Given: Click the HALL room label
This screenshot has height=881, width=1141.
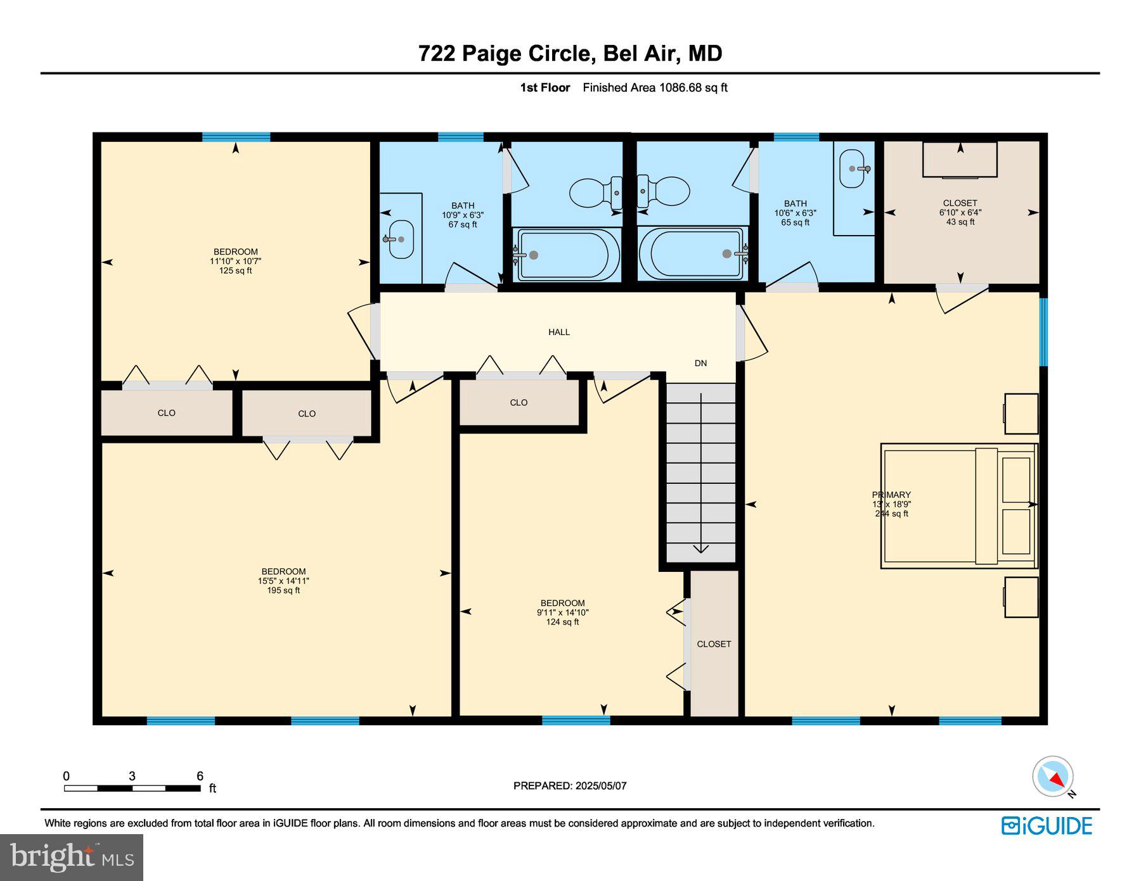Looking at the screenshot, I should (x=558, y=332).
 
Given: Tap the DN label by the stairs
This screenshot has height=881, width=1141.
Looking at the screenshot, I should (x=700, y=363).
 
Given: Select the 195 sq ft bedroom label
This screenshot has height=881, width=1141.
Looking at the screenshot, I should (x=283, y=580).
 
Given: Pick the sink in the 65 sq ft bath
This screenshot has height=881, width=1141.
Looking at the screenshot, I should (x=853, y=168).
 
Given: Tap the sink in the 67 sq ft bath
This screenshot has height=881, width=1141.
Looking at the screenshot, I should (x=401, y=239).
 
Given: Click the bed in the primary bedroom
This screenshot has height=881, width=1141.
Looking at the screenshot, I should (x=958, y=505).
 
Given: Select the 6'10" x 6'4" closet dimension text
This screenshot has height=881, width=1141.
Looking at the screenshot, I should (x=960, y=213).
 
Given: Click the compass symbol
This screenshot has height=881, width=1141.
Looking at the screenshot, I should (x=1053, y=776).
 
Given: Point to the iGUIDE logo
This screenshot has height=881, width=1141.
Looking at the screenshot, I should (x=1047, y=826).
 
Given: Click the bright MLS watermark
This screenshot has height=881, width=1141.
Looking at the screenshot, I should (x=72, y=857).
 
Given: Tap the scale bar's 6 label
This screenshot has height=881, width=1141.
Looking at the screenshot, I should (x=200, y=776).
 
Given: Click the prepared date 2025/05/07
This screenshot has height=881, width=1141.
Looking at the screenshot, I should (x=600, y=785).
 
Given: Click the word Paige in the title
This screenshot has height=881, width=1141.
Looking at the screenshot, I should (x=492, y=53).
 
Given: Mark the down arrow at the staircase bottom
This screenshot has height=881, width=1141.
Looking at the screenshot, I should (x=700, y=548).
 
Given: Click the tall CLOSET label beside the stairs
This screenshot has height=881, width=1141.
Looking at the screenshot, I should (x=714, y=643).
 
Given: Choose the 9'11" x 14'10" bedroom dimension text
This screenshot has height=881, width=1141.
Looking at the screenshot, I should (x=562, y=612).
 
